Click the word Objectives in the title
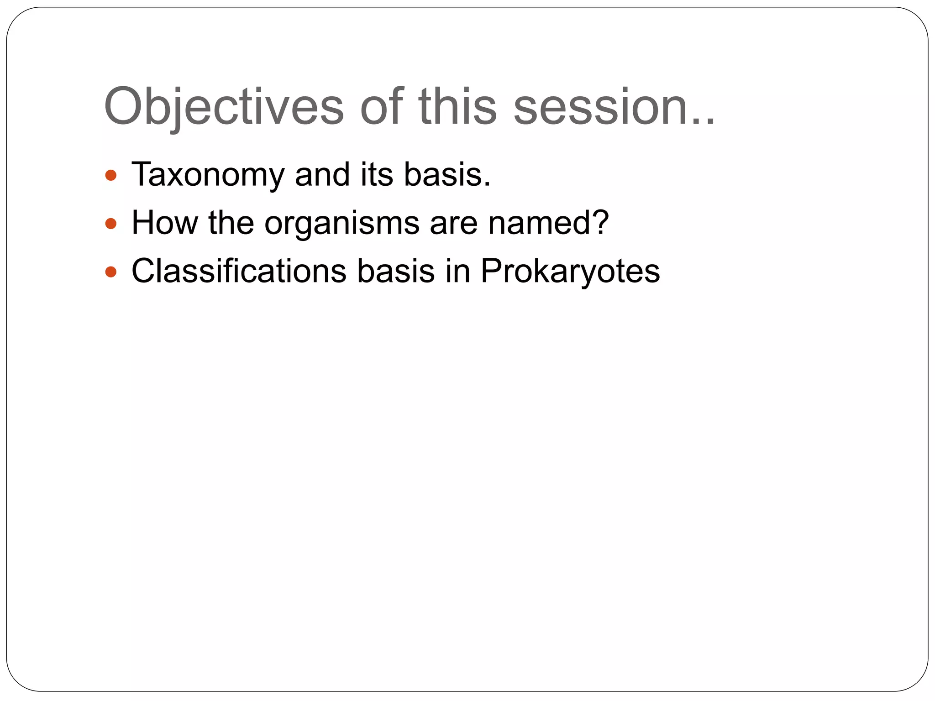tap(224, 108)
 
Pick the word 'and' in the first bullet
tap(322, 174)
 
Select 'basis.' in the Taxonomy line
tap(447, 174)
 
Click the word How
tap(164, 223)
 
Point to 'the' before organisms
tap(231, 223)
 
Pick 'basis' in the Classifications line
tap(395, 271)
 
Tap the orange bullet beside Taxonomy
tap(111, 175)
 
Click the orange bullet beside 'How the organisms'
tap(111, 224)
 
